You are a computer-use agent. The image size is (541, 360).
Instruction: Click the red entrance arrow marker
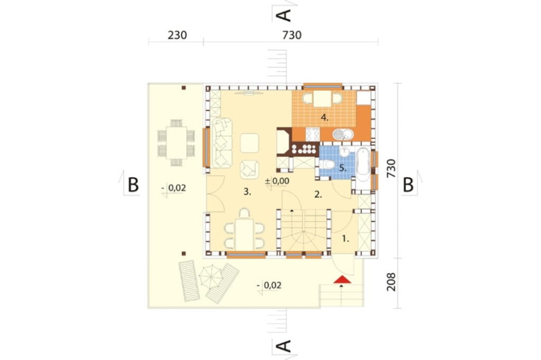(x=342, y=279)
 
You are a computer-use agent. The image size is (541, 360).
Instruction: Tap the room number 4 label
(x=325, y=118)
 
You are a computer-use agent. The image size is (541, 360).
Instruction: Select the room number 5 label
(x=342, y=168)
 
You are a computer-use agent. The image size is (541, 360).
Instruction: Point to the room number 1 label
(x=345, y=238)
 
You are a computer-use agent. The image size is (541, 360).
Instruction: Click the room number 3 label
(x=247, y=192)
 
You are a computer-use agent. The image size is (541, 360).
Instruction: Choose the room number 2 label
(x=318, y=195)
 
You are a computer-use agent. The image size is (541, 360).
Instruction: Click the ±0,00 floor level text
(x=277, y=181)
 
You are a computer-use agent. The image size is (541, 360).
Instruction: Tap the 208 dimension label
(x=391, y=282)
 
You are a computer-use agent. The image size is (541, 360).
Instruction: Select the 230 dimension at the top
(x=177, y=35)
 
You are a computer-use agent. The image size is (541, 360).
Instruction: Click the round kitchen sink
(x=343, y=134)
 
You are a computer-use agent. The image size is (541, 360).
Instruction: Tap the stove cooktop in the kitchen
(x=313, y=134)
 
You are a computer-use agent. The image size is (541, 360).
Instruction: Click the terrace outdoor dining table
(x=176, y=143)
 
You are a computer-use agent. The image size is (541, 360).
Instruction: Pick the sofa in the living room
(x=222, y=143)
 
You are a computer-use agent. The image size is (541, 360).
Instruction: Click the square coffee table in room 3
(x=249, y=143)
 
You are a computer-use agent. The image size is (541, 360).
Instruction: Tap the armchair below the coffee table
(x=249, y=169)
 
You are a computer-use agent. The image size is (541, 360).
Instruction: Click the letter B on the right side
(x=408, y=185)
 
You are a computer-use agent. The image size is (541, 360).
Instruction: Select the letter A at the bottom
(x=285, y=346)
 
